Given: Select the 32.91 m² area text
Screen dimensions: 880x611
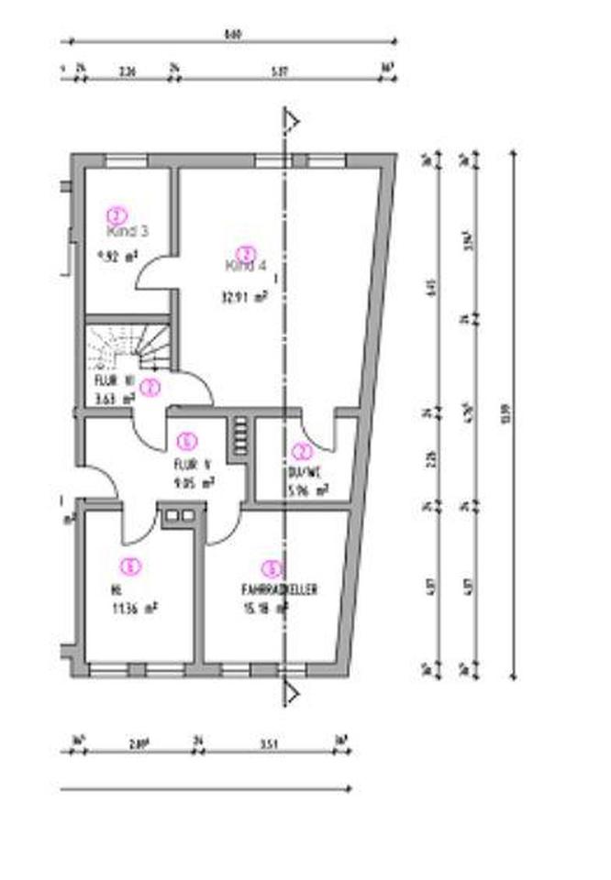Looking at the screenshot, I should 243,296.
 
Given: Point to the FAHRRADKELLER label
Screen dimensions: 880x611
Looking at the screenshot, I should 278,591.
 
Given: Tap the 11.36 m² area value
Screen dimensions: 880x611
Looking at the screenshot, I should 128,607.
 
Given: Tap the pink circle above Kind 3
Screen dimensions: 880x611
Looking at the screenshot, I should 117,215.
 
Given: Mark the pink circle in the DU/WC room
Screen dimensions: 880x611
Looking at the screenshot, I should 302,451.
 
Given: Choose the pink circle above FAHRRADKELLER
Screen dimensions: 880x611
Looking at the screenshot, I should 272,569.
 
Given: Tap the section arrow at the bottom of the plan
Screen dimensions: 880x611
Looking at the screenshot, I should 293,688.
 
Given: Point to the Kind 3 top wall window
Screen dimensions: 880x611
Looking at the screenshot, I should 126,161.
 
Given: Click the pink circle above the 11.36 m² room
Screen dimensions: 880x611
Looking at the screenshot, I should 132,566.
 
